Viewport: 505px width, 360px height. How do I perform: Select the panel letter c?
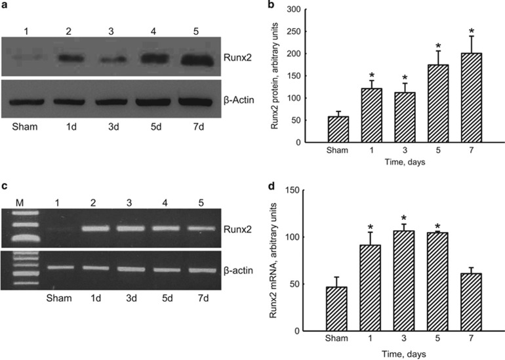pos(5,184)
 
